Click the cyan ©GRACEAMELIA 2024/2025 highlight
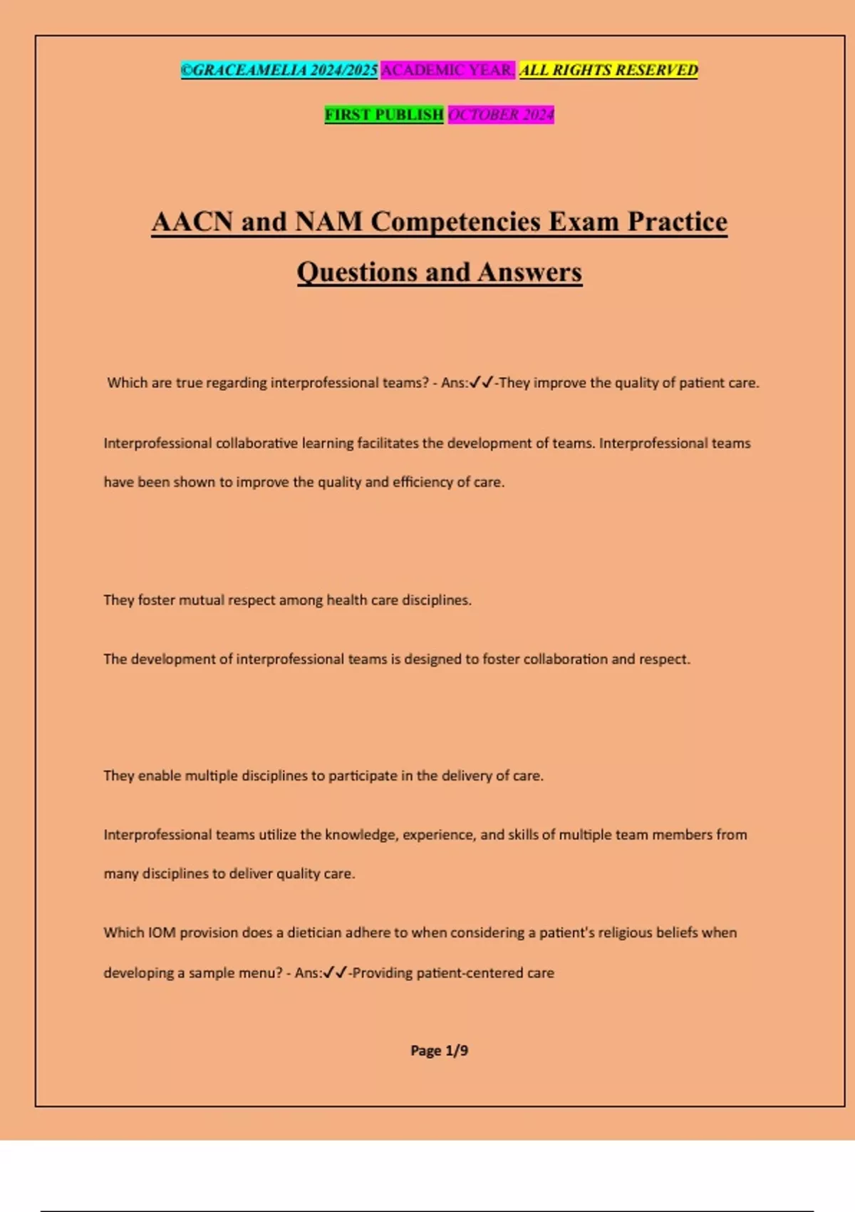point(279,70)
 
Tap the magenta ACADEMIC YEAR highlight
point(447,70)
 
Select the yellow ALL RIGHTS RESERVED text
point(608,70)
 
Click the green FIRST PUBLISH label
point(384,114)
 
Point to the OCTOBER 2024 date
point(501,114)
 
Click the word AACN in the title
point(192,221)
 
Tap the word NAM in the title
point(328,221)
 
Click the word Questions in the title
point(356,272)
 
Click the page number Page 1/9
point(439,1050)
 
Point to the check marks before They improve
point(482,383)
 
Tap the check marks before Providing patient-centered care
point(335,972)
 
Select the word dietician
point(314,933)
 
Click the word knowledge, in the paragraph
point(361,835)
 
